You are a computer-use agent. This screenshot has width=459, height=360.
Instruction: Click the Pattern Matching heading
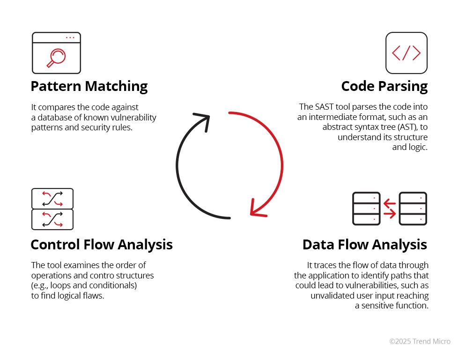(x=89, y=86)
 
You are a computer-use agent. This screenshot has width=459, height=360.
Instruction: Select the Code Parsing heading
(x=384, y=86)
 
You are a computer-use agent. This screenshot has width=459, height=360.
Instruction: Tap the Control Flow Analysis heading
(x=102, y=245)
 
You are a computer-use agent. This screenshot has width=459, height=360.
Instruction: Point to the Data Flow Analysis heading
(x=365, y=245)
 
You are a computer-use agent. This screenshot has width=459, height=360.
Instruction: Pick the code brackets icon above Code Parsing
(x=406, y=53)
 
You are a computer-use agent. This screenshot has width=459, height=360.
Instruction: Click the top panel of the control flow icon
(x=52, y=198)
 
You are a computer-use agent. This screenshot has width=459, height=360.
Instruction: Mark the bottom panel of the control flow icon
(x=52, y=219)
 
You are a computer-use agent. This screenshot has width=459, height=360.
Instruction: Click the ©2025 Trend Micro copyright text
(x=420, y=341)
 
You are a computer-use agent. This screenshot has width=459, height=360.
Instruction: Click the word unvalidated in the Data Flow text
(x=332, y=295)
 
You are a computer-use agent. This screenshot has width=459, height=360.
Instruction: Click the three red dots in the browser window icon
(x=70, y=37)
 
